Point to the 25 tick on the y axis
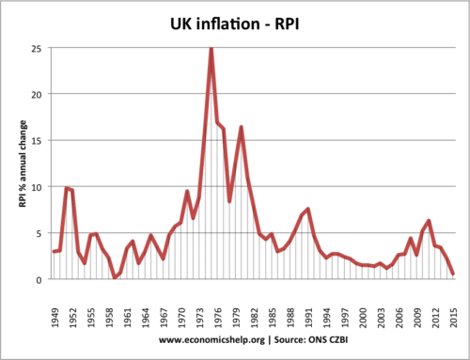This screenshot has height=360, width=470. tap(39, 49)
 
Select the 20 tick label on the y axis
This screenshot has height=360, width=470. tap(39, 95)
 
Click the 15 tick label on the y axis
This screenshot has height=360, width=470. tap(39, 141)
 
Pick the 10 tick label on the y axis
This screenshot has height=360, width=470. tap(39, 187)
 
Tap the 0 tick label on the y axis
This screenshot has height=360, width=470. tap(41, 280)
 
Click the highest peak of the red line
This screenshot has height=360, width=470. tap(211, 48)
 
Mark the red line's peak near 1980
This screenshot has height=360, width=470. tap(242, 127)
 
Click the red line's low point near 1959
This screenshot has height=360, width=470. tap(115, 277)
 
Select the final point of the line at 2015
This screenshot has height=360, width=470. tap(453, 274)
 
